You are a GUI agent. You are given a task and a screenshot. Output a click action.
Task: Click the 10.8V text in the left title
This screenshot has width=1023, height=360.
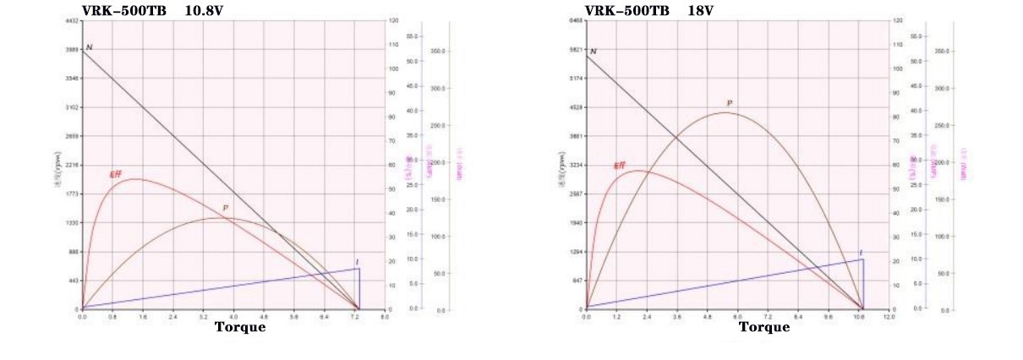coord(205,11)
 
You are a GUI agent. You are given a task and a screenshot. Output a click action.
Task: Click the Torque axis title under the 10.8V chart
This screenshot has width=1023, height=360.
coord(239,327)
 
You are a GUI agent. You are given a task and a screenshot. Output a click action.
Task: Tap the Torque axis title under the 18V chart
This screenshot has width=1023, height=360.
coord(764,327)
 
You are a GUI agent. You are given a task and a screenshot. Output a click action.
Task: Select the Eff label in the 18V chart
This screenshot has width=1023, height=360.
coord(620,166)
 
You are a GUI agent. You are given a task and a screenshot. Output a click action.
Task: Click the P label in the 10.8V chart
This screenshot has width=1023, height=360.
coord(225,208)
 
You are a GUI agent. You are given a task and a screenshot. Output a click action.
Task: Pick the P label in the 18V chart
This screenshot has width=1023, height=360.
coord(729,103)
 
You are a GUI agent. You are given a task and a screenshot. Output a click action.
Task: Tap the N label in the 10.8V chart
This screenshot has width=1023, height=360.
coord(89,46)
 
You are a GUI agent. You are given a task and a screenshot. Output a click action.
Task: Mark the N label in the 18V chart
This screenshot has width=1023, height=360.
coord(593,52)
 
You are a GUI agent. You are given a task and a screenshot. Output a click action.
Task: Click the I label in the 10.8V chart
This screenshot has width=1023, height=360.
coord(357,262)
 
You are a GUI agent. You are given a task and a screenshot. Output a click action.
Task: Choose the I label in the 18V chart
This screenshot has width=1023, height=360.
coord(861,253)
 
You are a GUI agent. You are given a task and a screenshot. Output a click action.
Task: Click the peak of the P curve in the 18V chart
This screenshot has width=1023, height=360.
coord(725,112)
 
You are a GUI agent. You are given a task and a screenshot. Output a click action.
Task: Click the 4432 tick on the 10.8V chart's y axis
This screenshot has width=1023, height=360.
coord(72,20)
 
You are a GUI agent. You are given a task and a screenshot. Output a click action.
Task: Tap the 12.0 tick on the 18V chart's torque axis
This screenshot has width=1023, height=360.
coord(888,316)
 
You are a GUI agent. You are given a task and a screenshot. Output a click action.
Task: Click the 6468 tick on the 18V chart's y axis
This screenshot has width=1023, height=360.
coord(577,20)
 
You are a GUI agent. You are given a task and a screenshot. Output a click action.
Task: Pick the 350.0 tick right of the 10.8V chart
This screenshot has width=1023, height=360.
coord(437,51)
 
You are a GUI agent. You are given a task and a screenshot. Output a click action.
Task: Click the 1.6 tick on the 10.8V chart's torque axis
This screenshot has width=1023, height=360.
coord(143,316)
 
